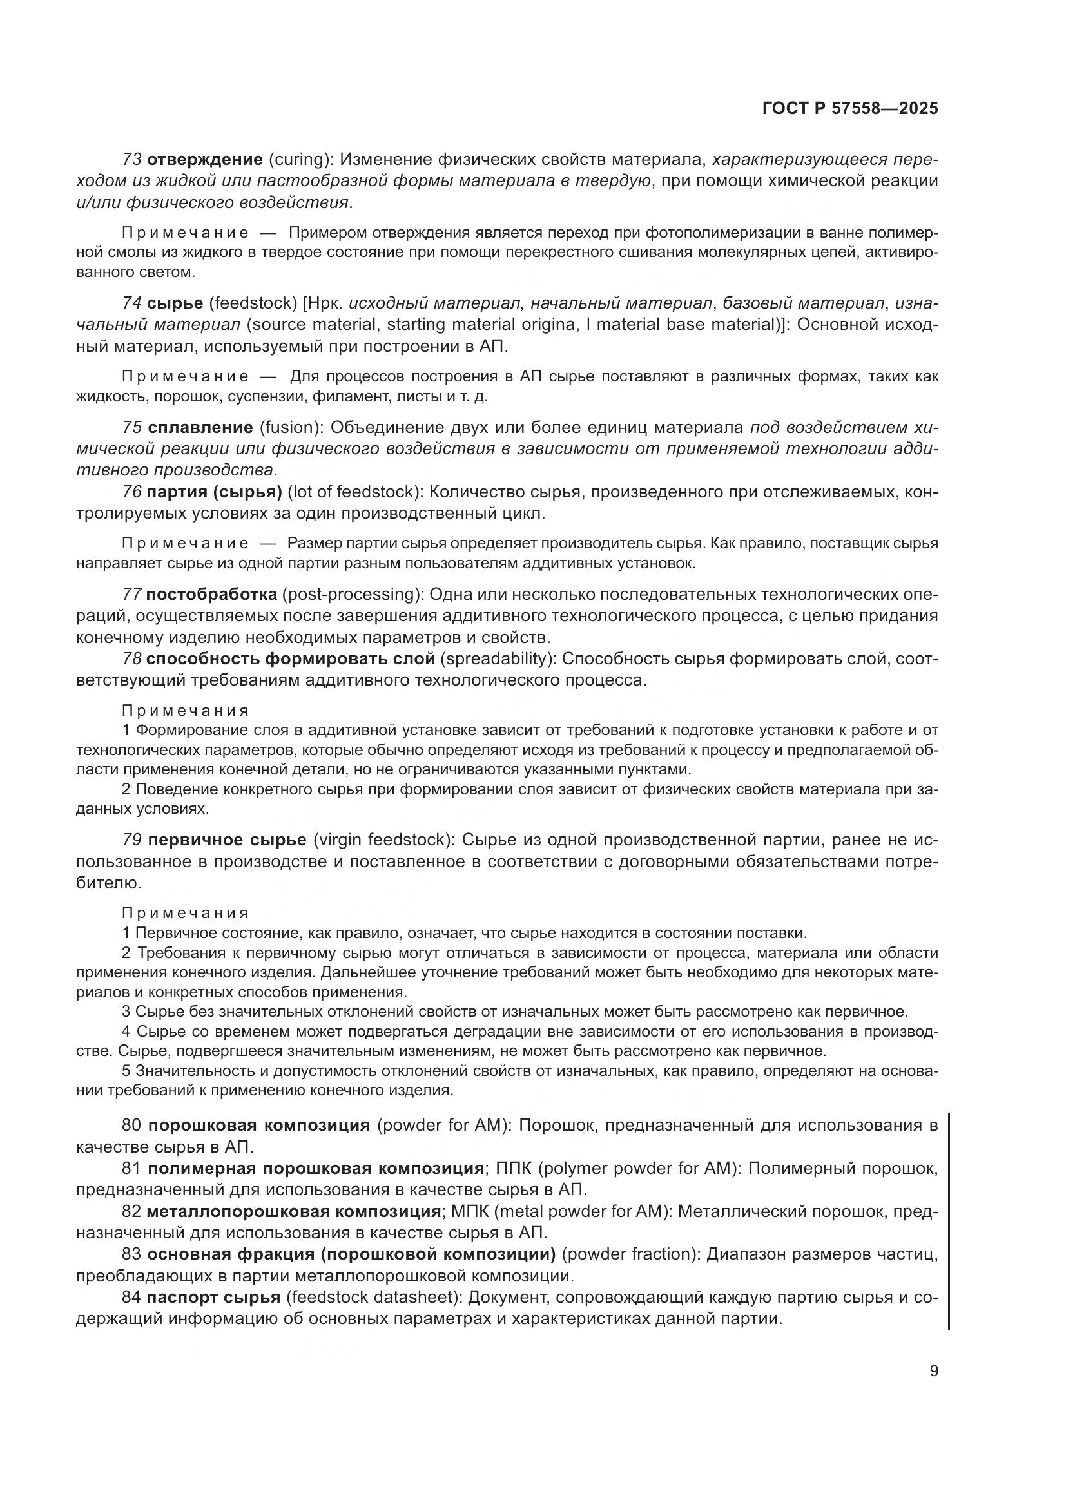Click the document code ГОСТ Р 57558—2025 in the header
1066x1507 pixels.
850,108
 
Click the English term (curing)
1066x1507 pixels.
298,160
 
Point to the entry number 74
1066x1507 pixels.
132,303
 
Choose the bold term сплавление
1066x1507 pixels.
200,427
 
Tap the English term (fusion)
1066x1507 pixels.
291,427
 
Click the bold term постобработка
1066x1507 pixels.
211,595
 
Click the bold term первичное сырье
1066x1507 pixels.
227,840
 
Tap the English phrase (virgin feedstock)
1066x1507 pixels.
384,840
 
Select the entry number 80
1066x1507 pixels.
132,1125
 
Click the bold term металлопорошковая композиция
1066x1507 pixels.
293,1211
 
